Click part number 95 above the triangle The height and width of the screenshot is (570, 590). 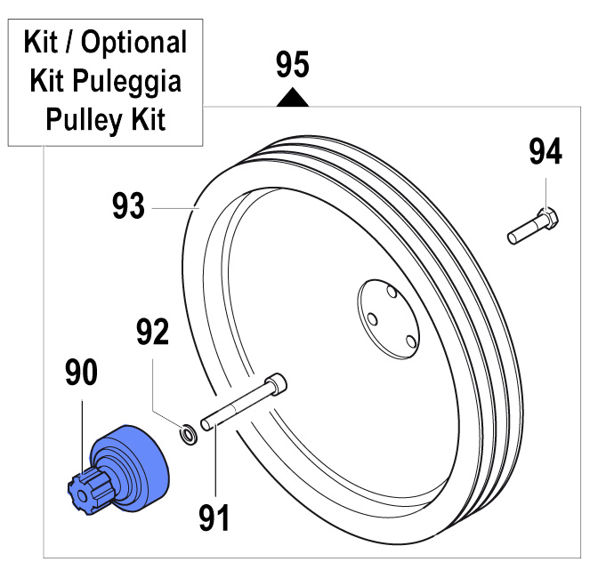pos(293,66)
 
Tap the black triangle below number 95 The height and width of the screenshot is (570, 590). pos(293,98)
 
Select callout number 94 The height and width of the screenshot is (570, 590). pos(546,152)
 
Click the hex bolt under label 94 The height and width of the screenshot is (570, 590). pos(533,226)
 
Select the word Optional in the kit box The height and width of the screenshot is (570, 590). pos(134,43)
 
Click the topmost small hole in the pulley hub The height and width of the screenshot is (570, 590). pos(392,291)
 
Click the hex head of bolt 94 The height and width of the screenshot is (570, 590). pos(550,217)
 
